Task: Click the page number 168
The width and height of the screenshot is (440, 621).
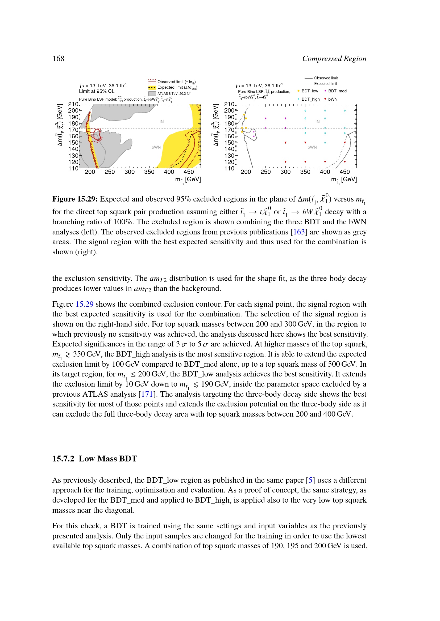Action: pos(58,59)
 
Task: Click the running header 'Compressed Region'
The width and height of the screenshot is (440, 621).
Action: pos(334,59)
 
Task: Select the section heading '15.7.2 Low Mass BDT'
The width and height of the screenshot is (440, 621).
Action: pos(94,459)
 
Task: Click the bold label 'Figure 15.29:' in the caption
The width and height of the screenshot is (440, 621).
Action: pos(75,199)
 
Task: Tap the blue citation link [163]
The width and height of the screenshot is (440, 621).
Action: pos(299,232)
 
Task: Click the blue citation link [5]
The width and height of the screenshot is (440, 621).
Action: pos(310,480)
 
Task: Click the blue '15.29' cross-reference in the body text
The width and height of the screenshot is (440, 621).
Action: pos(84,304)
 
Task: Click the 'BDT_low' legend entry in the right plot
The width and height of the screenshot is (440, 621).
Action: pos(309,91)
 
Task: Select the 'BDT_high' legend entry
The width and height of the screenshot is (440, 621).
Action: pos(310,99)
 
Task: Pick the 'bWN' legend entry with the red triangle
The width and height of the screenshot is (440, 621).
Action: pos(333,99)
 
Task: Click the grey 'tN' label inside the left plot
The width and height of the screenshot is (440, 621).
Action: pos(161,122)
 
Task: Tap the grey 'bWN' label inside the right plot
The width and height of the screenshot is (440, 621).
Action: pos(312,147)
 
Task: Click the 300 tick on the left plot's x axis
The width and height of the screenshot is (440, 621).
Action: pos(130,172)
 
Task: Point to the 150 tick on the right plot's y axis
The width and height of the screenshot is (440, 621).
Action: pos(229,143)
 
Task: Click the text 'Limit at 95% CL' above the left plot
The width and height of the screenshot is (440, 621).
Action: pos(97,91)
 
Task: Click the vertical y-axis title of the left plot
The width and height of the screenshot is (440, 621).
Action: pos(59,125)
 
